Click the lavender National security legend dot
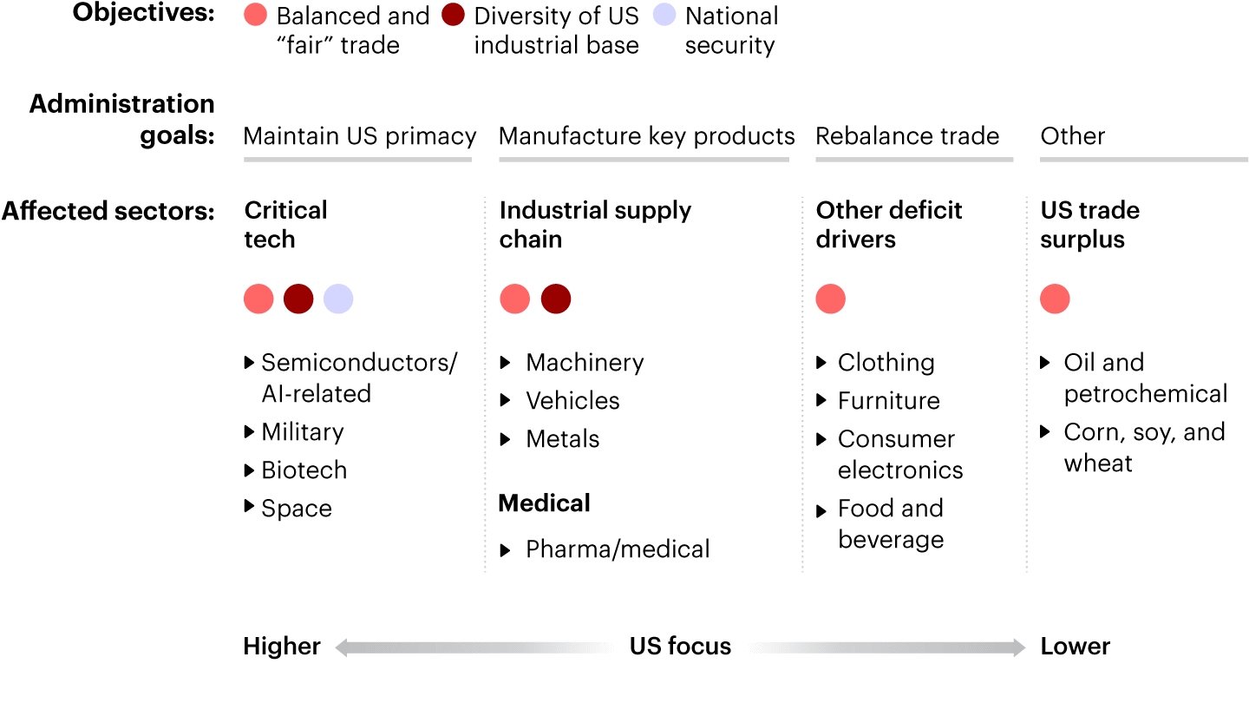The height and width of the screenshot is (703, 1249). point(664,15)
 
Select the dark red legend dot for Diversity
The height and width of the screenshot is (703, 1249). point(453,15)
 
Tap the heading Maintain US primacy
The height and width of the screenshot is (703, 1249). point(360,136)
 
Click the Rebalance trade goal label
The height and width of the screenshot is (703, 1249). point(907,136)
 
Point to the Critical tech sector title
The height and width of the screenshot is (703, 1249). point(285,225)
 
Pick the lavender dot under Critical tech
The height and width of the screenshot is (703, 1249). point(338,299)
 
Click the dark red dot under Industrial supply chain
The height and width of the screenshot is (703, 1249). point(556,299)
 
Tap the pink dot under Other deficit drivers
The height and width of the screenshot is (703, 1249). point(831,299)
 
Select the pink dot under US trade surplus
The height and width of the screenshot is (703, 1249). point(1055,299)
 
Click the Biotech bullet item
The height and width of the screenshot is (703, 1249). point(304,470)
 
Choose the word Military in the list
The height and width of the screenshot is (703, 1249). point(303,432)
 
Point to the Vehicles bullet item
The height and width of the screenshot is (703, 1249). point(572,401)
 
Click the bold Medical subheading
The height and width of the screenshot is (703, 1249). point(544,503)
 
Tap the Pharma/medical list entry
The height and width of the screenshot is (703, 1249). point(618,549)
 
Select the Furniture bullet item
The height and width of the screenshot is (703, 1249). point(888,401)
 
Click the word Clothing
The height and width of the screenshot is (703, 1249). point(886,363)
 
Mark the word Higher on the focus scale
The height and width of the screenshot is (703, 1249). point(282,647)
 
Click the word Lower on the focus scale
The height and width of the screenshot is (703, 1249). point(1076,647)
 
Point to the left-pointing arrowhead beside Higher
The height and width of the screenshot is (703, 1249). point(342,647)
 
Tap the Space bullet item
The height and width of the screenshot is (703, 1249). point(297,509)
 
